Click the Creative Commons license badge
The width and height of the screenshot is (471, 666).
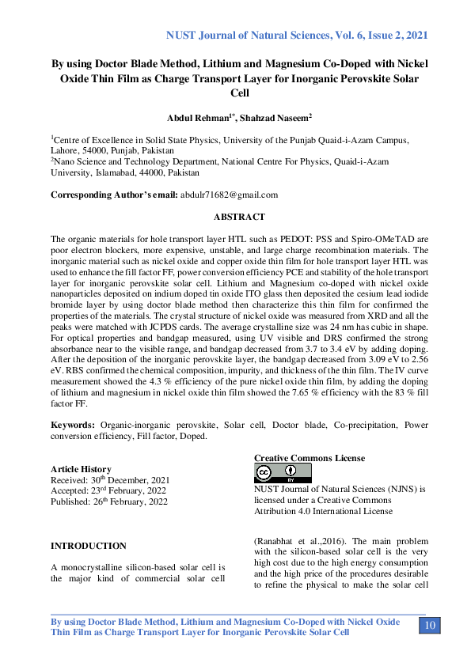tap(283, 473)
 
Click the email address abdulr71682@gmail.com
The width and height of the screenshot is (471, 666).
tap(230, 195)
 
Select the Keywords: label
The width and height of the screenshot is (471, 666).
tap(76, 425)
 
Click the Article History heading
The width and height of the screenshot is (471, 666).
tap(81, 469)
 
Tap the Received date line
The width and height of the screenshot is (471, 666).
tap(110, 480)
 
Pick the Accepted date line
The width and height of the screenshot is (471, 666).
tap(108, 491)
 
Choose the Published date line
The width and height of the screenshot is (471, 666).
tap(109, 501)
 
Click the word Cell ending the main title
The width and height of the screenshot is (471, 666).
tap(239, 93)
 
